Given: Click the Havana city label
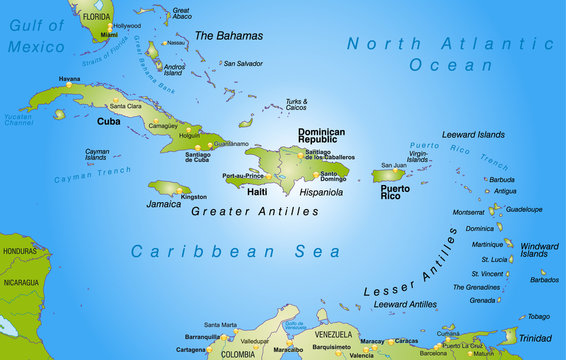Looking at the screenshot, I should click(x=69, y=78).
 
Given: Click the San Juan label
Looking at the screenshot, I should click(x=393, y=165).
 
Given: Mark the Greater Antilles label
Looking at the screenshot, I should click(x=255, y=212).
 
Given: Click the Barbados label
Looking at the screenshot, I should click(x=544, y=280).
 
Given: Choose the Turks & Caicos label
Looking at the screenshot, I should click(x=297, y=104).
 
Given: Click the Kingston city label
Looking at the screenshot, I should click(x=194, y=197).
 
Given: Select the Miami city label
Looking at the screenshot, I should click(x=109, y=34).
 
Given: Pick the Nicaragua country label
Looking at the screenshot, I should click(x=21, y=282).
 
